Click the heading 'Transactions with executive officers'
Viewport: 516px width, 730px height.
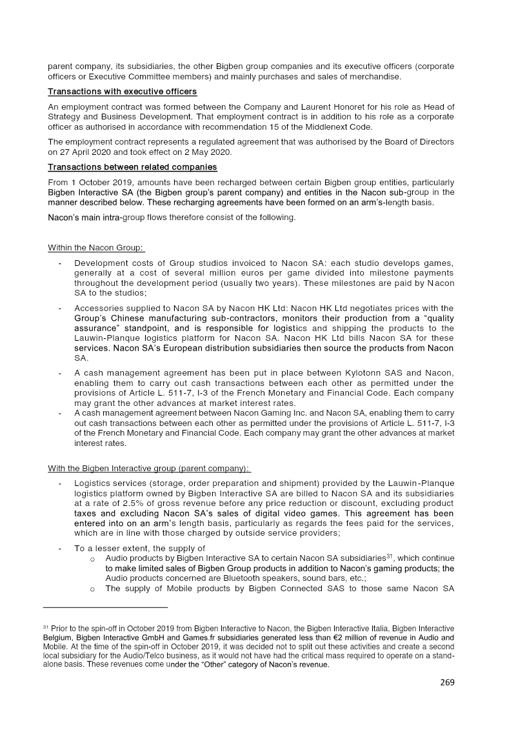click(x=123, y=92)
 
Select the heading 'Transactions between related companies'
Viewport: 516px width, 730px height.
click(x=132, y=167)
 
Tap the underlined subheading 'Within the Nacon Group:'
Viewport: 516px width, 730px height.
click(x=96, y=248)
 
